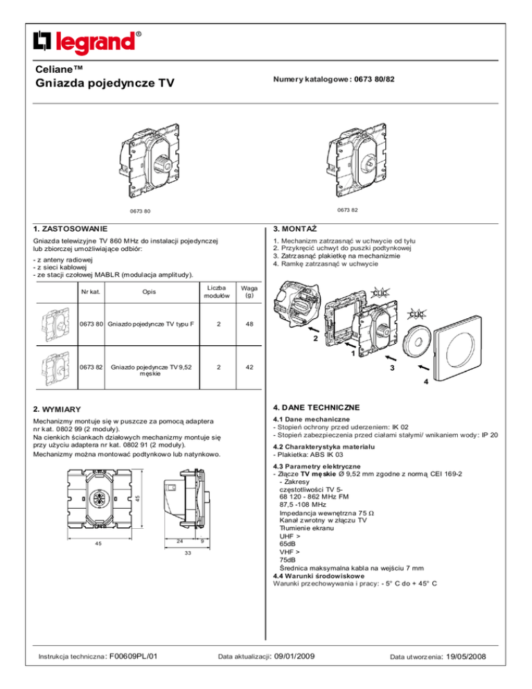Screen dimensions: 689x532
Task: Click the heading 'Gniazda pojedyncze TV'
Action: [x=104, y=84]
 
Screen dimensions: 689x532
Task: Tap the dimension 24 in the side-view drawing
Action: [x=178, y=541]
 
